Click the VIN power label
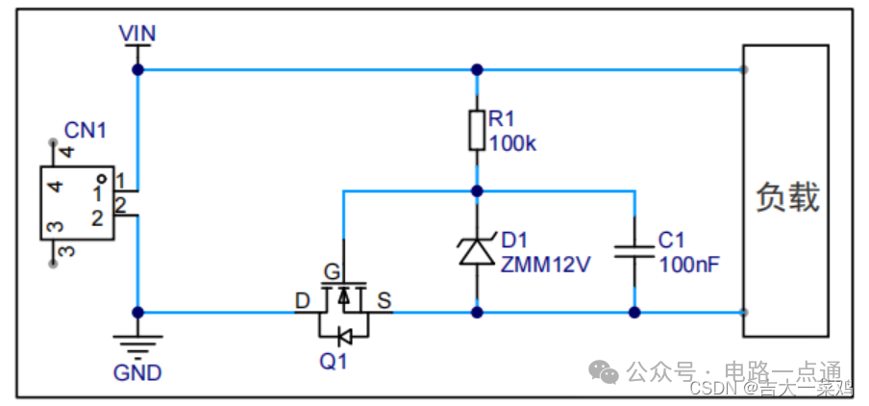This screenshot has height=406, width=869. point(137,34)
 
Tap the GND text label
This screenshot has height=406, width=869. point(137,372)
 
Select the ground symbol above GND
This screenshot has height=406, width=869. point(137,342)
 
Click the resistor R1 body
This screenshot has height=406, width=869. point(476,130)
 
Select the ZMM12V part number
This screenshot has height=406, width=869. point(545,263)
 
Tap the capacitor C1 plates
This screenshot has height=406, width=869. point(634,251)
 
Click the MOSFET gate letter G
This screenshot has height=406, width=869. point(331,270)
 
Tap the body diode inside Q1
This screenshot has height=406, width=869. point(343,336)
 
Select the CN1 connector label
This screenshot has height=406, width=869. point(85,130)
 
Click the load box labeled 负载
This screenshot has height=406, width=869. point(785,190)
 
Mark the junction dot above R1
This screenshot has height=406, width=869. point(476,70)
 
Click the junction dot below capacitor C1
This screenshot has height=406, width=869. point(634,312)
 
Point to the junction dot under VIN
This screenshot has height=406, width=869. point(137,70)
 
